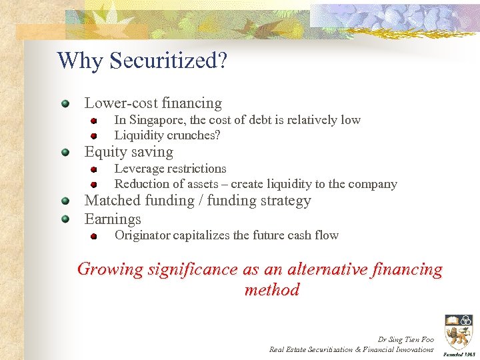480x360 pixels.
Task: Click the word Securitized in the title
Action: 168,61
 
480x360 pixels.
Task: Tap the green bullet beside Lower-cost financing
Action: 65,104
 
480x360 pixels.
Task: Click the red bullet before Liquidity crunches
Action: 95,135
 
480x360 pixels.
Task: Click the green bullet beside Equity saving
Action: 65,153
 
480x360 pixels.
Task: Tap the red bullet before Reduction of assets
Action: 95,184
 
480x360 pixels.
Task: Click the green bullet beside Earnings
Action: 65,219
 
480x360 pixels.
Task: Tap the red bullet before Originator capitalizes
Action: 95,235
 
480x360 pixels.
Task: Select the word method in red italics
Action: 272,290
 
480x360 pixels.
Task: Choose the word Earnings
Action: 113,219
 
